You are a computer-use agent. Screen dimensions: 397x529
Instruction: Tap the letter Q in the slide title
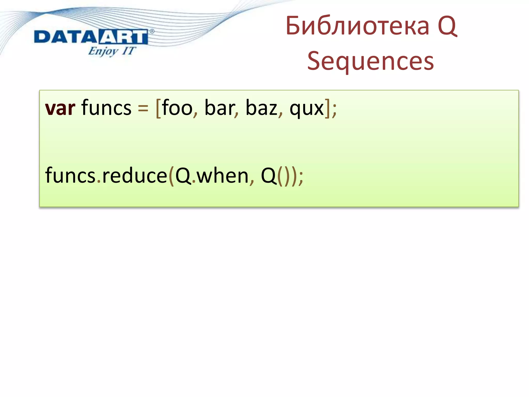[x=447, y=26]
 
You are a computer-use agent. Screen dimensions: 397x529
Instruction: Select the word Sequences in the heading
[x=371, y=61]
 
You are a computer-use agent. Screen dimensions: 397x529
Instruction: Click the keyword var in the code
[x=60, y=108]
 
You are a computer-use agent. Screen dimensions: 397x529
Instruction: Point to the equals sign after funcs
[x=143, y=108]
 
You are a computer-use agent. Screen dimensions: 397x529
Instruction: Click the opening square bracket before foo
[x=158, y=108]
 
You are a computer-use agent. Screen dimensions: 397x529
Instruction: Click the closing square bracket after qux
[x=327, y=108]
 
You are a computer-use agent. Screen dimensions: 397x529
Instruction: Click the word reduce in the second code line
[x=135, y=175]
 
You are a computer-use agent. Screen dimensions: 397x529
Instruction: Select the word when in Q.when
[x=222, y=175]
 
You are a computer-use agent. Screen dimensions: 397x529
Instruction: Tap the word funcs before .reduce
[x=70, y=175]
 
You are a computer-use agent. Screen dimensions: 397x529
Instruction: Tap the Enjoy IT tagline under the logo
[x=112, y=51]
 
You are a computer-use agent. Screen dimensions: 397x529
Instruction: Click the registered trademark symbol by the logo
[x=152, y=31]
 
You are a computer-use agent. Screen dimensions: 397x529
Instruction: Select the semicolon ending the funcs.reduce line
[x=301, y=177]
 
